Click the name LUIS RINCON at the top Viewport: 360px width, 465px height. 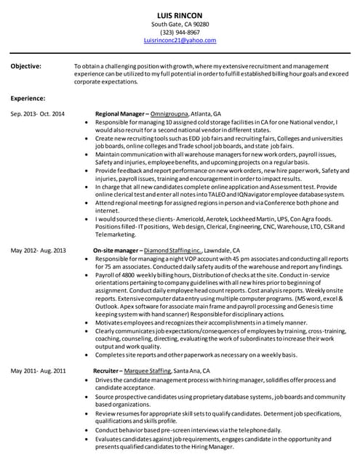tap(180, 15)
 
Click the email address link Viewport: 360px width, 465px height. tap(180, 41)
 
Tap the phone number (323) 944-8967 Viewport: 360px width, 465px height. tap(180, 33)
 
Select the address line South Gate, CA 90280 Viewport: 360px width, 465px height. tap(180, 24)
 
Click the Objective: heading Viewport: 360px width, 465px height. tap(26, 66)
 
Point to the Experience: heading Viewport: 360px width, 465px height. tap(28, 98)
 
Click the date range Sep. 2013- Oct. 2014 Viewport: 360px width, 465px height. tap(37, 114)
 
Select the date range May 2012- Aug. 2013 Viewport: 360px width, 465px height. tap(38, 250)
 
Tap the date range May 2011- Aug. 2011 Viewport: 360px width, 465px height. tap(38, 370)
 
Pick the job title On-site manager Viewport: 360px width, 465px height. tap(116, 250)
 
